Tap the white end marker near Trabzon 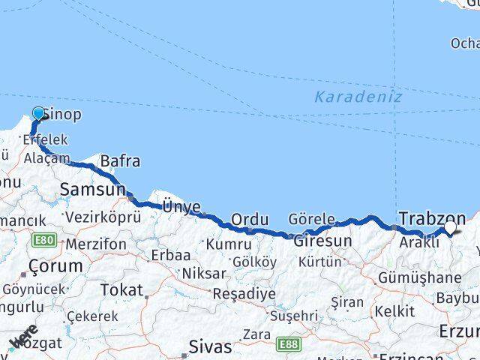tap(451, 226)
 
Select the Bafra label tap(120, 160)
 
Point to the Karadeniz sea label tap(358, 97)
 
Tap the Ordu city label tap(250, 220)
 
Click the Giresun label tap(322, 241)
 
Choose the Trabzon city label tap(433, 218)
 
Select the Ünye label tap(181, 207)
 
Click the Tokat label tap(121, 289)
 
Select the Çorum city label tap(55, 266)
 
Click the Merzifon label tap(97, 244)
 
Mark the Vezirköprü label tap(103, 217)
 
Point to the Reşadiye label tap(244, 293)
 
